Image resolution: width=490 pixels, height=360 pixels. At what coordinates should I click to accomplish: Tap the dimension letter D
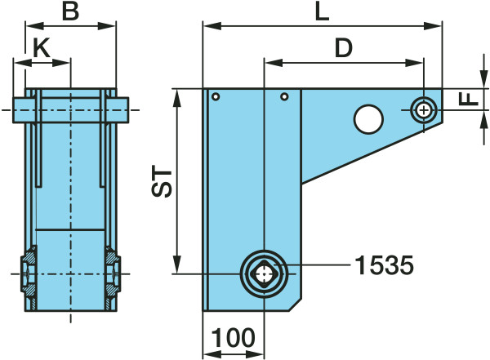click(x=343, y=48)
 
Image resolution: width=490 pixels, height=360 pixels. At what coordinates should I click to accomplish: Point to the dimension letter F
click(x=468, y=100)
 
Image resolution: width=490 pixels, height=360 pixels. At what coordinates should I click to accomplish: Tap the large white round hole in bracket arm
click(x=368, y=119)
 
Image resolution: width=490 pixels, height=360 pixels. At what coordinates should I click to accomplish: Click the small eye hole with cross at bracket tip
click(x=424, y=109)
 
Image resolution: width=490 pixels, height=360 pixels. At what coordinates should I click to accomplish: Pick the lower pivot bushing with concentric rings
click(x=264, y=273)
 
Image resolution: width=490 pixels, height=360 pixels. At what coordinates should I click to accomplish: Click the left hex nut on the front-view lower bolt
click(x=27, y=273)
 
